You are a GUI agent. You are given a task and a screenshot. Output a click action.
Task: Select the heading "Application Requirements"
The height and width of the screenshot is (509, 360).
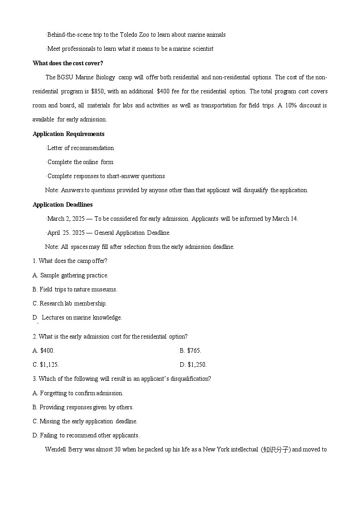(68, 134)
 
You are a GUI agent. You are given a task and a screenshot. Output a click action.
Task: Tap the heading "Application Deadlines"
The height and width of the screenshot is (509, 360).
(63, 204)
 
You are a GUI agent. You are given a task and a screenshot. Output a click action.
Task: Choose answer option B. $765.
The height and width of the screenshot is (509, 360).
(190, 350)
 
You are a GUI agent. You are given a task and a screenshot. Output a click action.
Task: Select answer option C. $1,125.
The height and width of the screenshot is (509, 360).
(46, 364)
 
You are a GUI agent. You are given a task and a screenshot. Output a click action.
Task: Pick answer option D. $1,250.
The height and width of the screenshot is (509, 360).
(193, 364)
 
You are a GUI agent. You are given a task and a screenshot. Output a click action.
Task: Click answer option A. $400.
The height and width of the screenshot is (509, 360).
(44, 350)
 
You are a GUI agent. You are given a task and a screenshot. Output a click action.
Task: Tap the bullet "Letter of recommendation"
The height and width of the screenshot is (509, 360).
(80, 148)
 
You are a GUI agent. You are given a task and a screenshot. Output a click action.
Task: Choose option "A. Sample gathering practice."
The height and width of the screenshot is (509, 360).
(70, 275)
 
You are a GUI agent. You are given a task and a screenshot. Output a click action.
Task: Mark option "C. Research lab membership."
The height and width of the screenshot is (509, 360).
(70, 303)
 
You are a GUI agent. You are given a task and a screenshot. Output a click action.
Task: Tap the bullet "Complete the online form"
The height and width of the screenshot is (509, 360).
(80, 162)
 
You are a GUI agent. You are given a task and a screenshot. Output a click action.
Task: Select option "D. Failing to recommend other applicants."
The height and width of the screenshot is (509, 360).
(86, 435)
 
